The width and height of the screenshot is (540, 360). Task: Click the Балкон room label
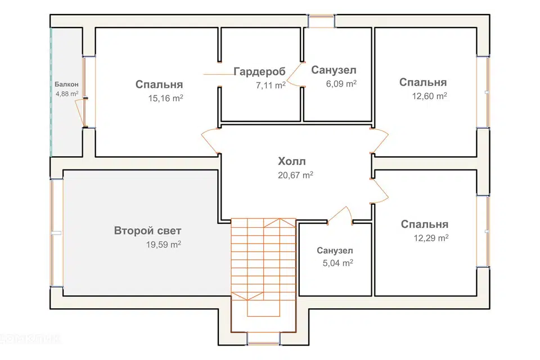66,84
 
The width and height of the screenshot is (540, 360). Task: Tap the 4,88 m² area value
66,94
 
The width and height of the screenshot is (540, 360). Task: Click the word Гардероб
259,71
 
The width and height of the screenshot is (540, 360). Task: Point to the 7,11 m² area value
271,85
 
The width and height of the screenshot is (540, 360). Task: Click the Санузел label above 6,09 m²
334,70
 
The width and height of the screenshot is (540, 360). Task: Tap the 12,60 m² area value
430,96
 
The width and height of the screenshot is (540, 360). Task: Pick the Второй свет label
148,231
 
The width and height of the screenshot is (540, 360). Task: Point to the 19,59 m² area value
163,245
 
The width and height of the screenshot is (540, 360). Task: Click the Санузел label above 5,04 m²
335,250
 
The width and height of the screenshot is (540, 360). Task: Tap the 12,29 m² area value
431,238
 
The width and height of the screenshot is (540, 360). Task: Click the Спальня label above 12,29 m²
425,224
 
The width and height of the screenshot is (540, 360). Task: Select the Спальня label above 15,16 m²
159,84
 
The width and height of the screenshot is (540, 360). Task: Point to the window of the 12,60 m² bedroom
483,92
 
